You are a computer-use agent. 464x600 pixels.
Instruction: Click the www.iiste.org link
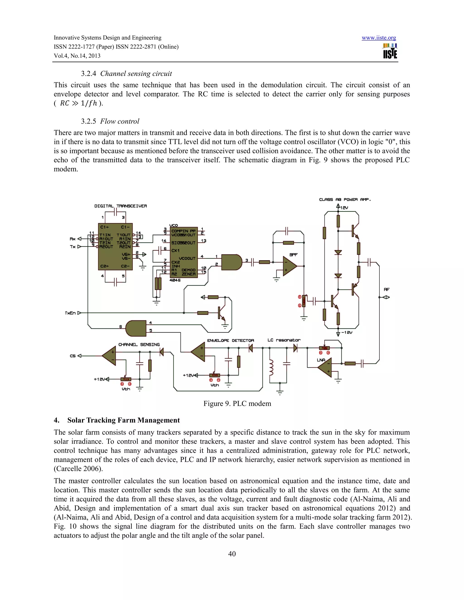coord(379,38)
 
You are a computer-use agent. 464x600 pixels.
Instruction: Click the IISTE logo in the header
coord(390,51)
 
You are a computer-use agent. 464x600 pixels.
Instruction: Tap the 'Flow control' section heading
coord(120,121)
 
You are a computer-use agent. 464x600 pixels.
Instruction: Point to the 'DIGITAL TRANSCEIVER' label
coord(120,206)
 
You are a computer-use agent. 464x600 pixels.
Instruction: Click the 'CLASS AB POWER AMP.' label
coord(345,199)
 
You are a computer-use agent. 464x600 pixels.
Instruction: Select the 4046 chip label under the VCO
coord(175,280)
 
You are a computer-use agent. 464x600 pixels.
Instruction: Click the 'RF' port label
coord(387,290)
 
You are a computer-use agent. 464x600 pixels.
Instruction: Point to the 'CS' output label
coord(72,356)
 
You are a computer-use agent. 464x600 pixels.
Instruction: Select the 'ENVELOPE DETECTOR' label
coord(230,340)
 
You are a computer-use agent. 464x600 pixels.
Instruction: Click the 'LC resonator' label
coord(284,340)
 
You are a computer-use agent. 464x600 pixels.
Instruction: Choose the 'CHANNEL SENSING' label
coord(139,345)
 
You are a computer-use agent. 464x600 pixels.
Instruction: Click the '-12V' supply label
coord(347,333)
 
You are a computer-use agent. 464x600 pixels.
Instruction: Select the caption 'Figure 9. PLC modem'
coord(237,403)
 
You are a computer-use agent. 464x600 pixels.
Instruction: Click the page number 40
coord(232,554)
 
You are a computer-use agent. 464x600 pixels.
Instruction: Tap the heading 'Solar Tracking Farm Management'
coord(123,420)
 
